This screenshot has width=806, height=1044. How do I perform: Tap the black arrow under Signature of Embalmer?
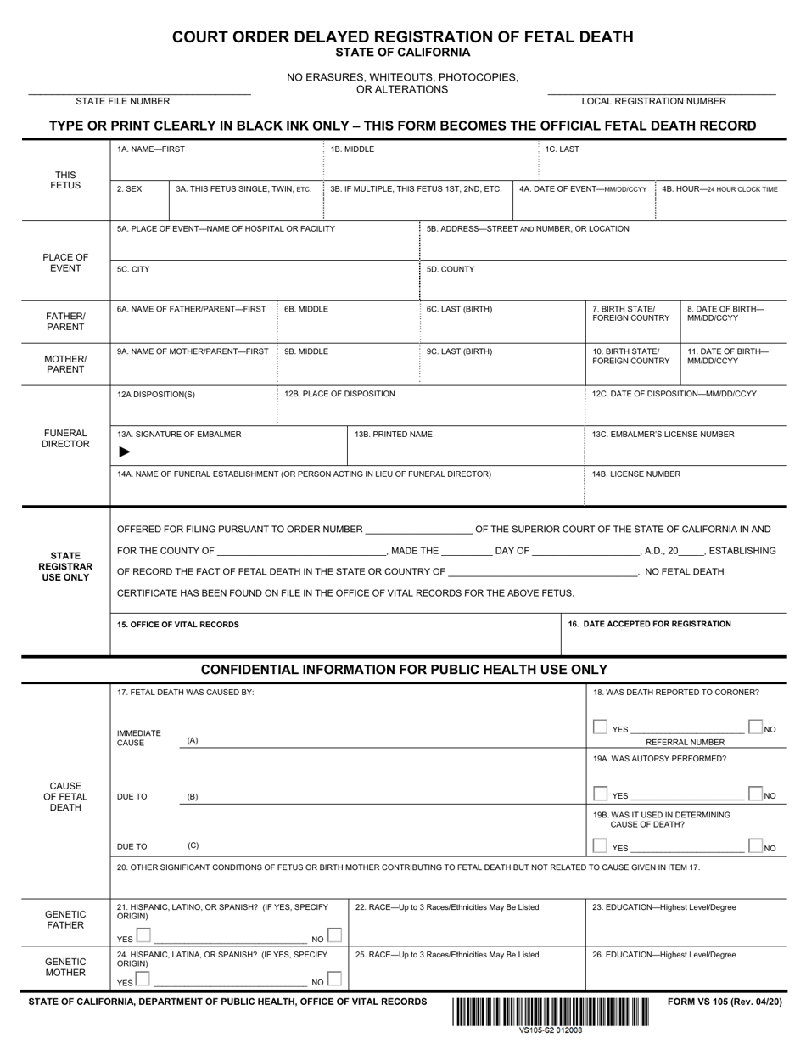[x=125, y=452]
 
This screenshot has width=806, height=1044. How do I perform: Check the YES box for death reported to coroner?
[x=601, y=727]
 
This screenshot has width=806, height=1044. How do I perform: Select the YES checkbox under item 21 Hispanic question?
[x=143, y=936]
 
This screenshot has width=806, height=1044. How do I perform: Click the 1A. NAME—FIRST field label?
[x=151, y=149]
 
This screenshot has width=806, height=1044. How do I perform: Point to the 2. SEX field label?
[x=130, y=189]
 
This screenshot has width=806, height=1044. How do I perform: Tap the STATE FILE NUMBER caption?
[x=122, y=101]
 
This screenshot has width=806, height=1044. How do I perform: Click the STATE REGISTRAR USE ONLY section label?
[x=65, y=566]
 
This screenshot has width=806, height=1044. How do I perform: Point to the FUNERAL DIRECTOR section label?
[x=65, y=438]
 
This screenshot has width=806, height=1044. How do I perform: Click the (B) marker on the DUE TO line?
[x=193, y=797]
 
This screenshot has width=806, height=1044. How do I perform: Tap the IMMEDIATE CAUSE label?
[x=138, y=738]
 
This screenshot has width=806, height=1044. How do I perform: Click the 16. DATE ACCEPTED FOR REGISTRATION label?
[x=649, y=624]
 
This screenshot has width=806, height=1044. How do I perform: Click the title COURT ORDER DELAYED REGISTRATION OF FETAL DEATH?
[x=402, y=36]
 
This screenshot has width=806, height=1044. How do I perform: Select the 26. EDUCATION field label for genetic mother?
[x=664, y=954]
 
